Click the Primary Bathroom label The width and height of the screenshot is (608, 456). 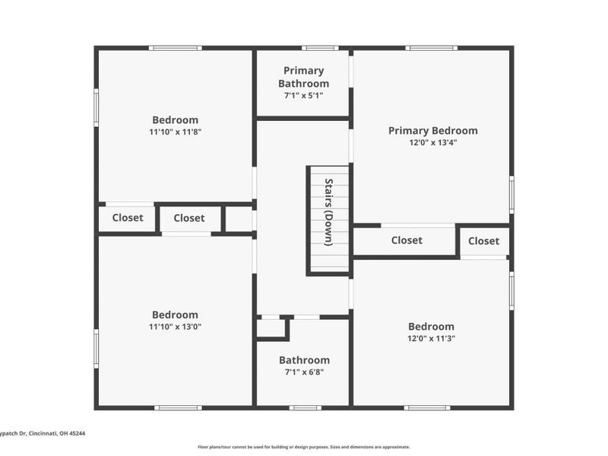point(303,77)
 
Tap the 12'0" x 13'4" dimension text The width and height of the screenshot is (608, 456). point(433,142)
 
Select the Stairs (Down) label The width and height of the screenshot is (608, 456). point(328,212)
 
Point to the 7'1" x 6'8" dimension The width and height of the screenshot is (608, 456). point(305,372)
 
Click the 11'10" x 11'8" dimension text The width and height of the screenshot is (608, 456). point(176,131)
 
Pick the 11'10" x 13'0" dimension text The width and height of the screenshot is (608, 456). point(176,327)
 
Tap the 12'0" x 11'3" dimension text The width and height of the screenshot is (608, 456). point(431,338)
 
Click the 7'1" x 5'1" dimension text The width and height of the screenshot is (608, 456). point(303,96)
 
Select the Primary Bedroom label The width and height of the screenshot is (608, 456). point(433,131)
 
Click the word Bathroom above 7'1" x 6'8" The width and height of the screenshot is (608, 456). point(305,360)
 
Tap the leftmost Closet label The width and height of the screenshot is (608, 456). point(128,218)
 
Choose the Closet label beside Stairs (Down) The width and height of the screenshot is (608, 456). point(407,240)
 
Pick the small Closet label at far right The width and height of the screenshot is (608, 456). point(483,241)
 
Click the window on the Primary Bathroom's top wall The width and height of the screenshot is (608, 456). point(320,48)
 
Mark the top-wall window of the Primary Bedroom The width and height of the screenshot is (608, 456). point(432,48)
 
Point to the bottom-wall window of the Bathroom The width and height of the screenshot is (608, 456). point(306,408)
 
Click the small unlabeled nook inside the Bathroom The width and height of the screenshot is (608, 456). point(271,328)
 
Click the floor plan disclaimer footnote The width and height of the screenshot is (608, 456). point(303,447)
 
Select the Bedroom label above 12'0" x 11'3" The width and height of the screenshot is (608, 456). point(431,327)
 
